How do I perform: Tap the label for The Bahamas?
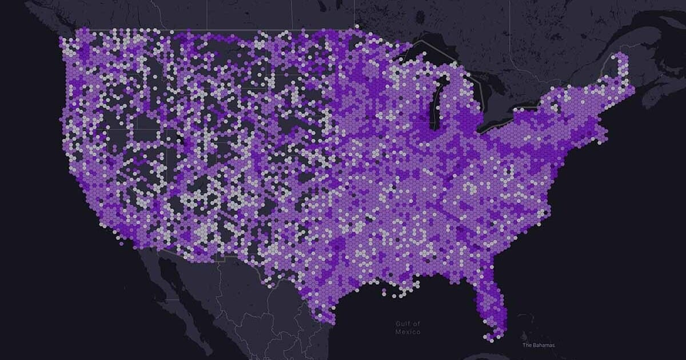click(x=538, y=345)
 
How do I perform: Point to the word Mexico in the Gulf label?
click(x=408, y=332)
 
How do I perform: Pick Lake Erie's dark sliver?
click(x=503, y=121)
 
